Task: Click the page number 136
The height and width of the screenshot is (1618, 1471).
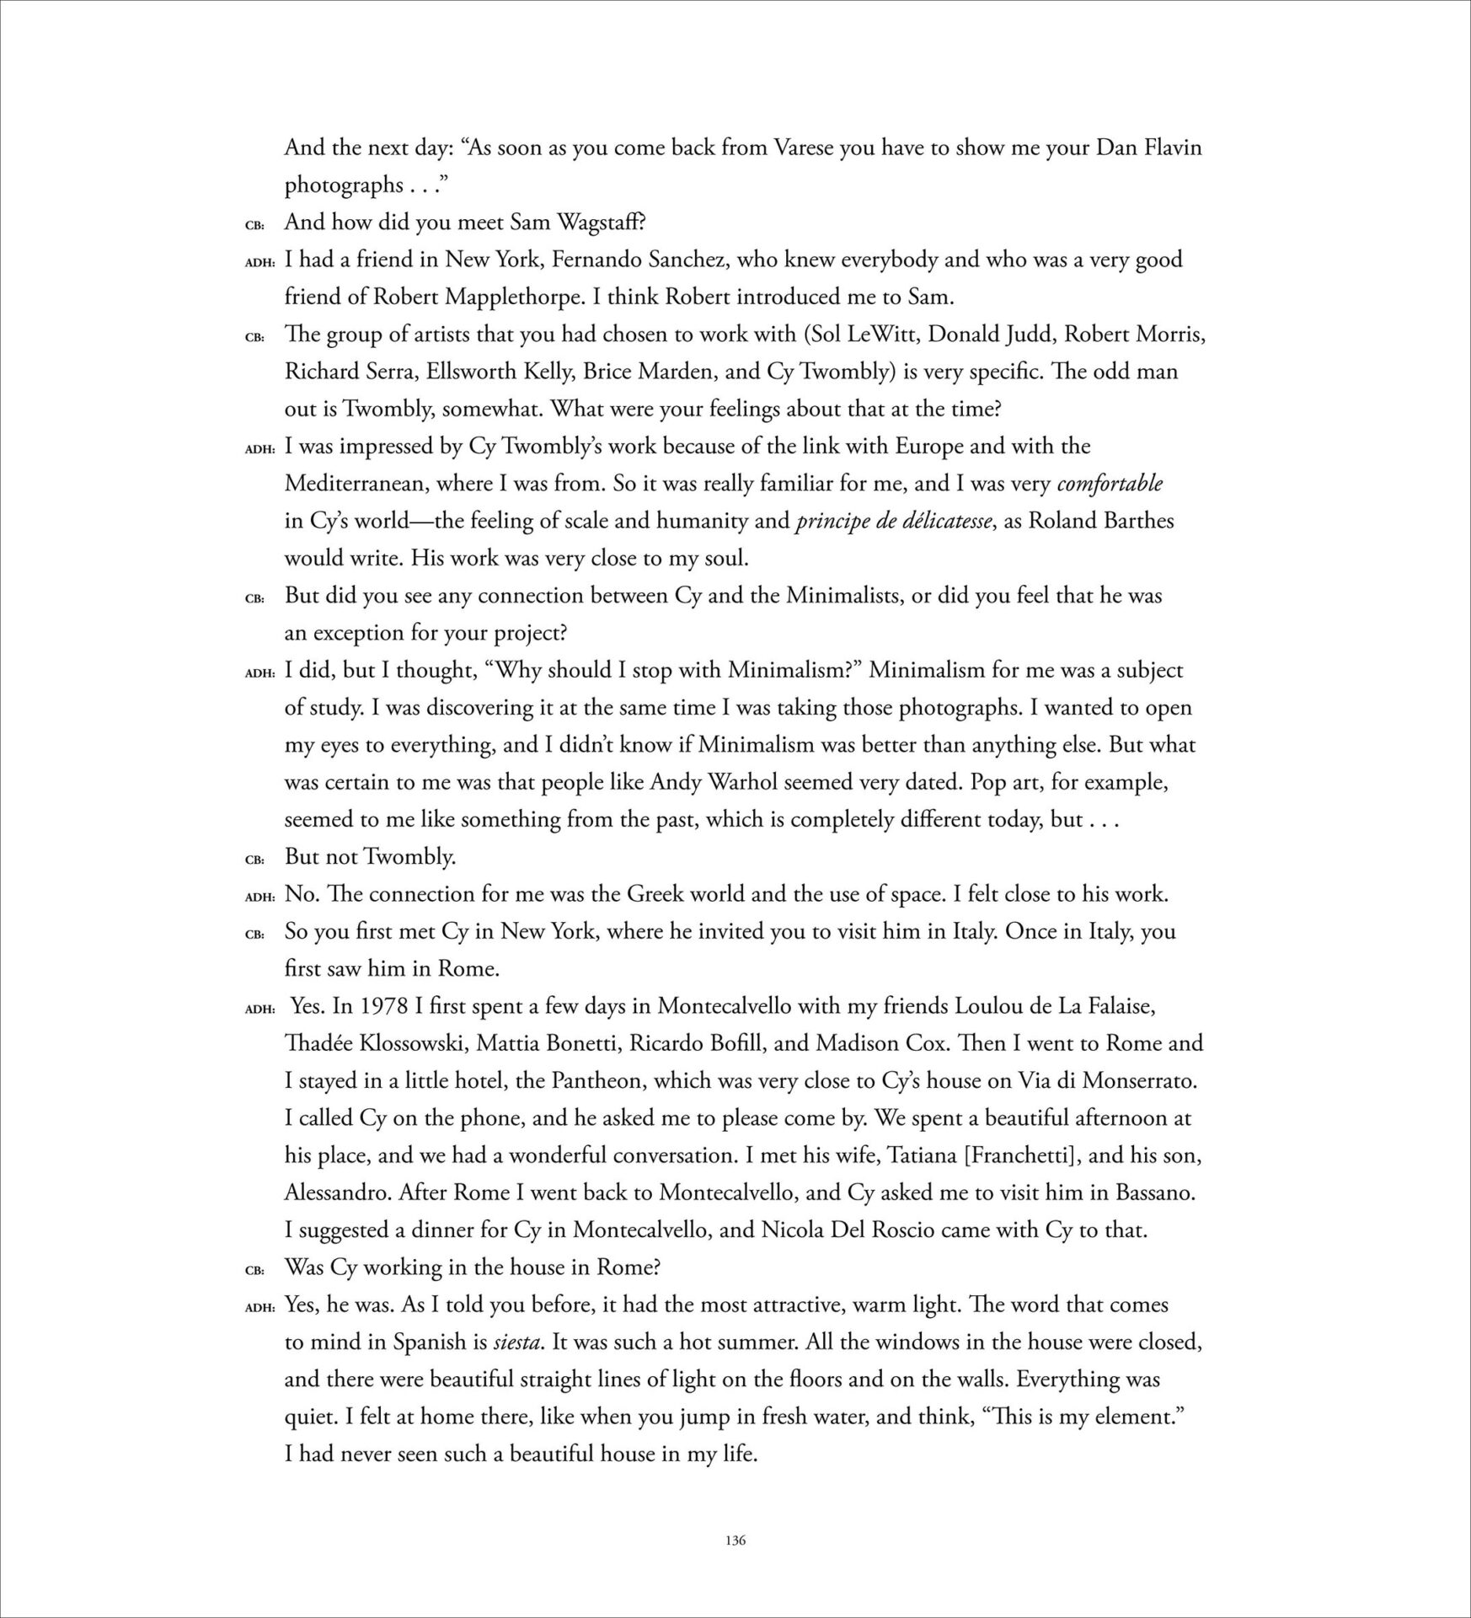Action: tap(735, 1540)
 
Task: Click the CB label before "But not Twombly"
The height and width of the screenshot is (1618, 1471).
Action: tap(254, 860)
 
